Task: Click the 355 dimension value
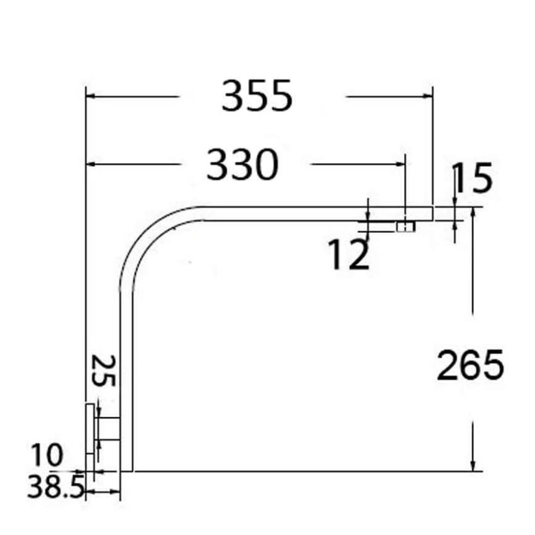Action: [257, 96]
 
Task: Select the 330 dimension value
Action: [242, 165]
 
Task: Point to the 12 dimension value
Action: [348, 255]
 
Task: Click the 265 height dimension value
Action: [470, 365]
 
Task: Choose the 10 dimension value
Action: [48, 454]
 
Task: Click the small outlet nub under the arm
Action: [405, 226]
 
